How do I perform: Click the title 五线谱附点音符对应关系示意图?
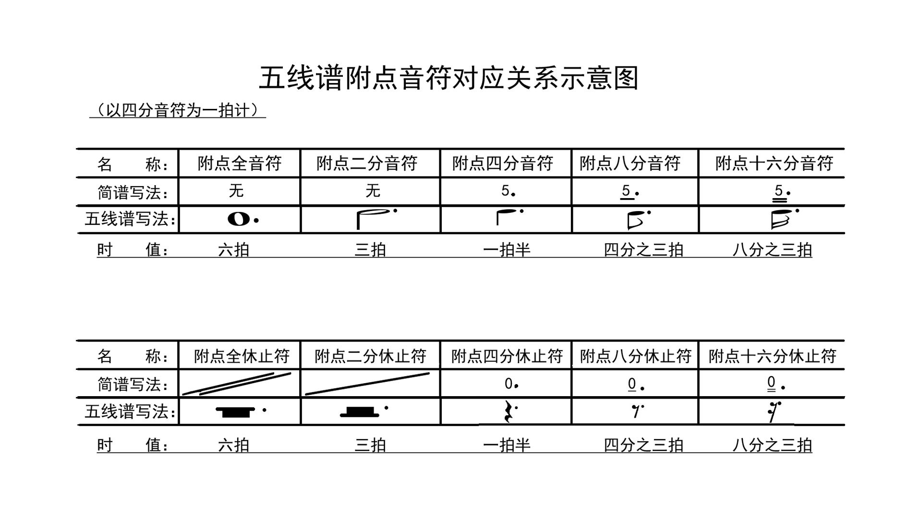pyautogui.click(x=449, y=78)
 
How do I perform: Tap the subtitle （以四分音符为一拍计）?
pyautogui.click(x=178, y=110)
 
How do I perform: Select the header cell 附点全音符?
pyautogui.click(x=239, y=164)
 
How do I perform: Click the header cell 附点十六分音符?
pyautogui.click(x=774, y=164)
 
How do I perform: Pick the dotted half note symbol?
pyautogui.click(x=375, y=218)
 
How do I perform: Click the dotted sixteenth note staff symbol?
pyautogui.click(x=781, y=219)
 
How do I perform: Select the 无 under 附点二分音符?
pyautogui.click(x=373, y=191)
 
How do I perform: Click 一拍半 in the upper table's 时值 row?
pyautogui.click(x=507, y=250)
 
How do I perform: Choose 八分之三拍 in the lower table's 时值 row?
pyautogui.click(x=772, y=445)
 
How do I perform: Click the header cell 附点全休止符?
pyautogui.click(x=242, y=356)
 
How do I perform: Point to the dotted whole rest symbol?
pyautogui.click(x=238, y=412)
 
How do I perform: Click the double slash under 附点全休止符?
pyautogui.click(x=237, y=384)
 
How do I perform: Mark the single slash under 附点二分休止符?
pyautogui.click(x=367, y=384)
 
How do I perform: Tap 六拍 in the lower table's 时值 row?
pyautogui.click(x=233, y=445)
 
